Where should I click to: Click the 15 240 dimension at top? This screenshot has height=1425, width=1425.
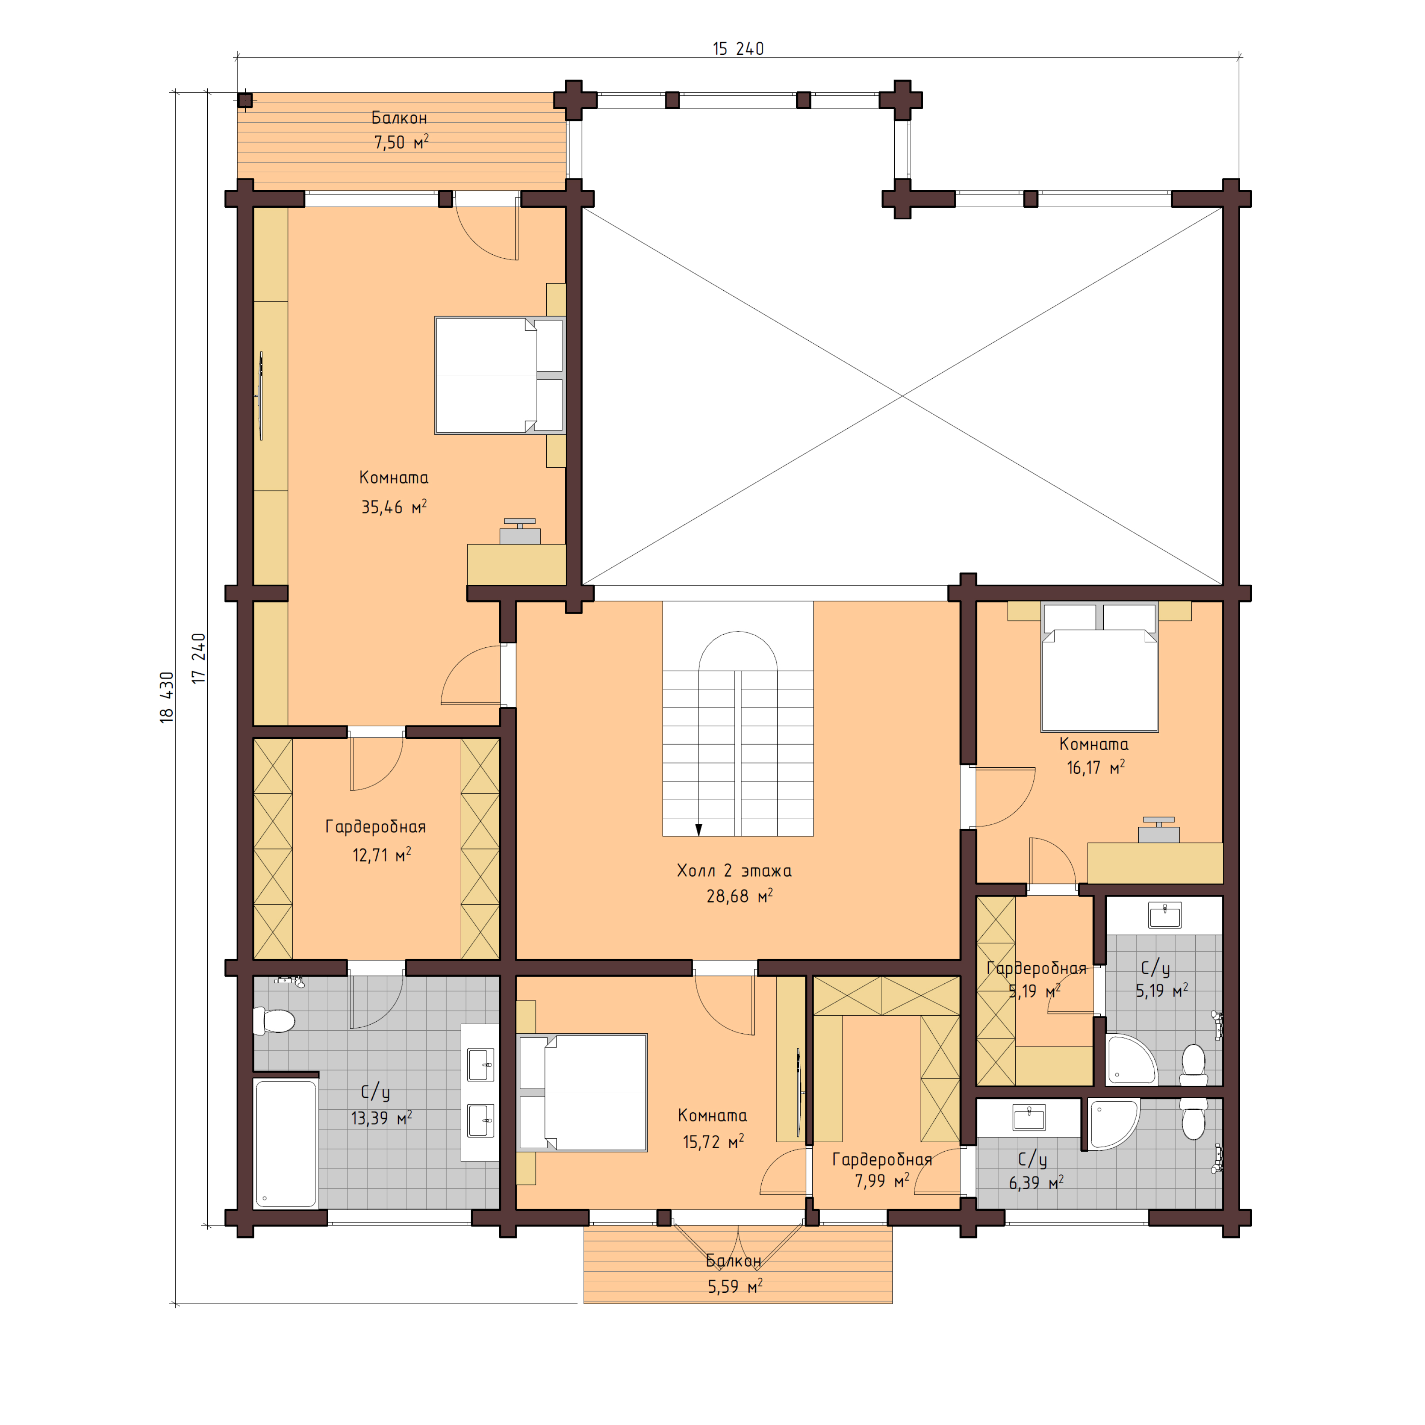click(738, 49)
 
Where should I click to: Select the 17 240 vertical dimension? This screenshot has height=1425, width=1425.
click(199, 658)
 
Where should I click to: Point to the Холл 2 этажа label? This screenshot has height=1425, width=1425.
click(734, 871)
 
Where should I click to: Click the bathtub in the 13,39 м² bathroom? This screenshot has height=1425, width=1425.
click(286, 1144)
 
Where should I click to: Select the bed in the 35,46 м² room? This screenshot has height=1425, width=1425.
click(499, 375)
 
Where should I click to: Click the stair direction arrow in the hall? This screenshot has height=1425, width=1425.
click(699, 829)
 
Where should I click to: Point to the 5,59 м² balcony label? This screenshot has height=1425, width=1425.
click(735, 1287)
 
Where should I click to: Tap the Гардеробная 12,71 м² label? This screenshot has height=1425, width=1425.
click(375, 827)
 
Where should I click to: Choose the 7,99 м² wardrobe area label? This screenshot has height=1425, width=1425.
click(881, 1181)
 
